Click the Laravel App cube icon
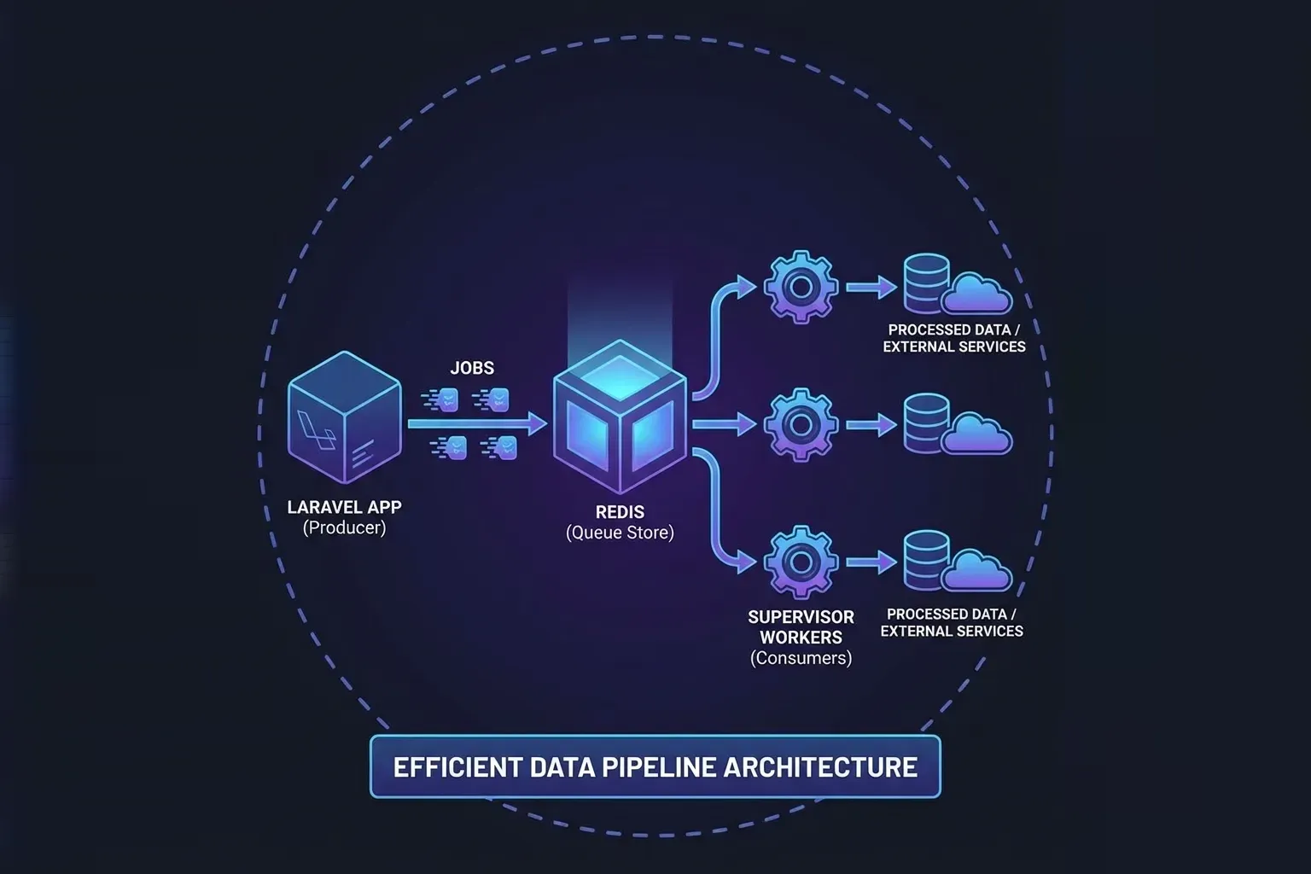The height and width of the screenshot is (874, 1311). coord(344,417)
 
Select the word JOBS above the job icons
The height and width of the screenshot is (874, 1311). coord(472,368)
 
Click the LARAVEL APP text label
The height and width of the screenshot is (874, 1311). coord(344,507)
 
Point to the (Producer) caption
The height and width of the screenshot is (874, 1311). coord(344,527)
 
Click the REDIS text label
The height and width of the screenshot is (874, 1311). coord(620,512)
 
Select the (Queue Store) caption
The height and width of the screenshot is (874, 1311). coord(620,533)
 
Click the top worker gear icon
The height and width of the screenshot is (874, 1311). coord(800,287)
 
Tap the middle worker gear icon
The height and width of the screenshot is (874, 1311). coord(800,424)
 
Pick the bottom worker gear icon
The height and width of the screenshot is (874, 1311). coord(800,562)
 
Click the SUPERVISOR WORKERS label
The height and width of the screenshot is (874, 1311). coord(801,626)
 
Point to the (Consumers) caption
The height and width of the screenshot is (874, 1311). coord(801,658)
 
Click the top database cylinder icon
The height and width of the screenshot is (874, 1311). coord(925,284)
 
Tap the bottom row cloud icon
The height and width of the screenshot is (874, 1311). coord(978,570)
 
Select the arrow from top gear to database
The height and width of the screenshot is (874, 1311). coord(871,287)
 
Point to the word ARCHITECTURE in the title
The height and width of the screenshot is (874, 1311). coord(820,766)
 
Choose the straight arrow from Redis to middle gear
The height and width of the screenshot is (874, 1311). coord(724,424)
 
